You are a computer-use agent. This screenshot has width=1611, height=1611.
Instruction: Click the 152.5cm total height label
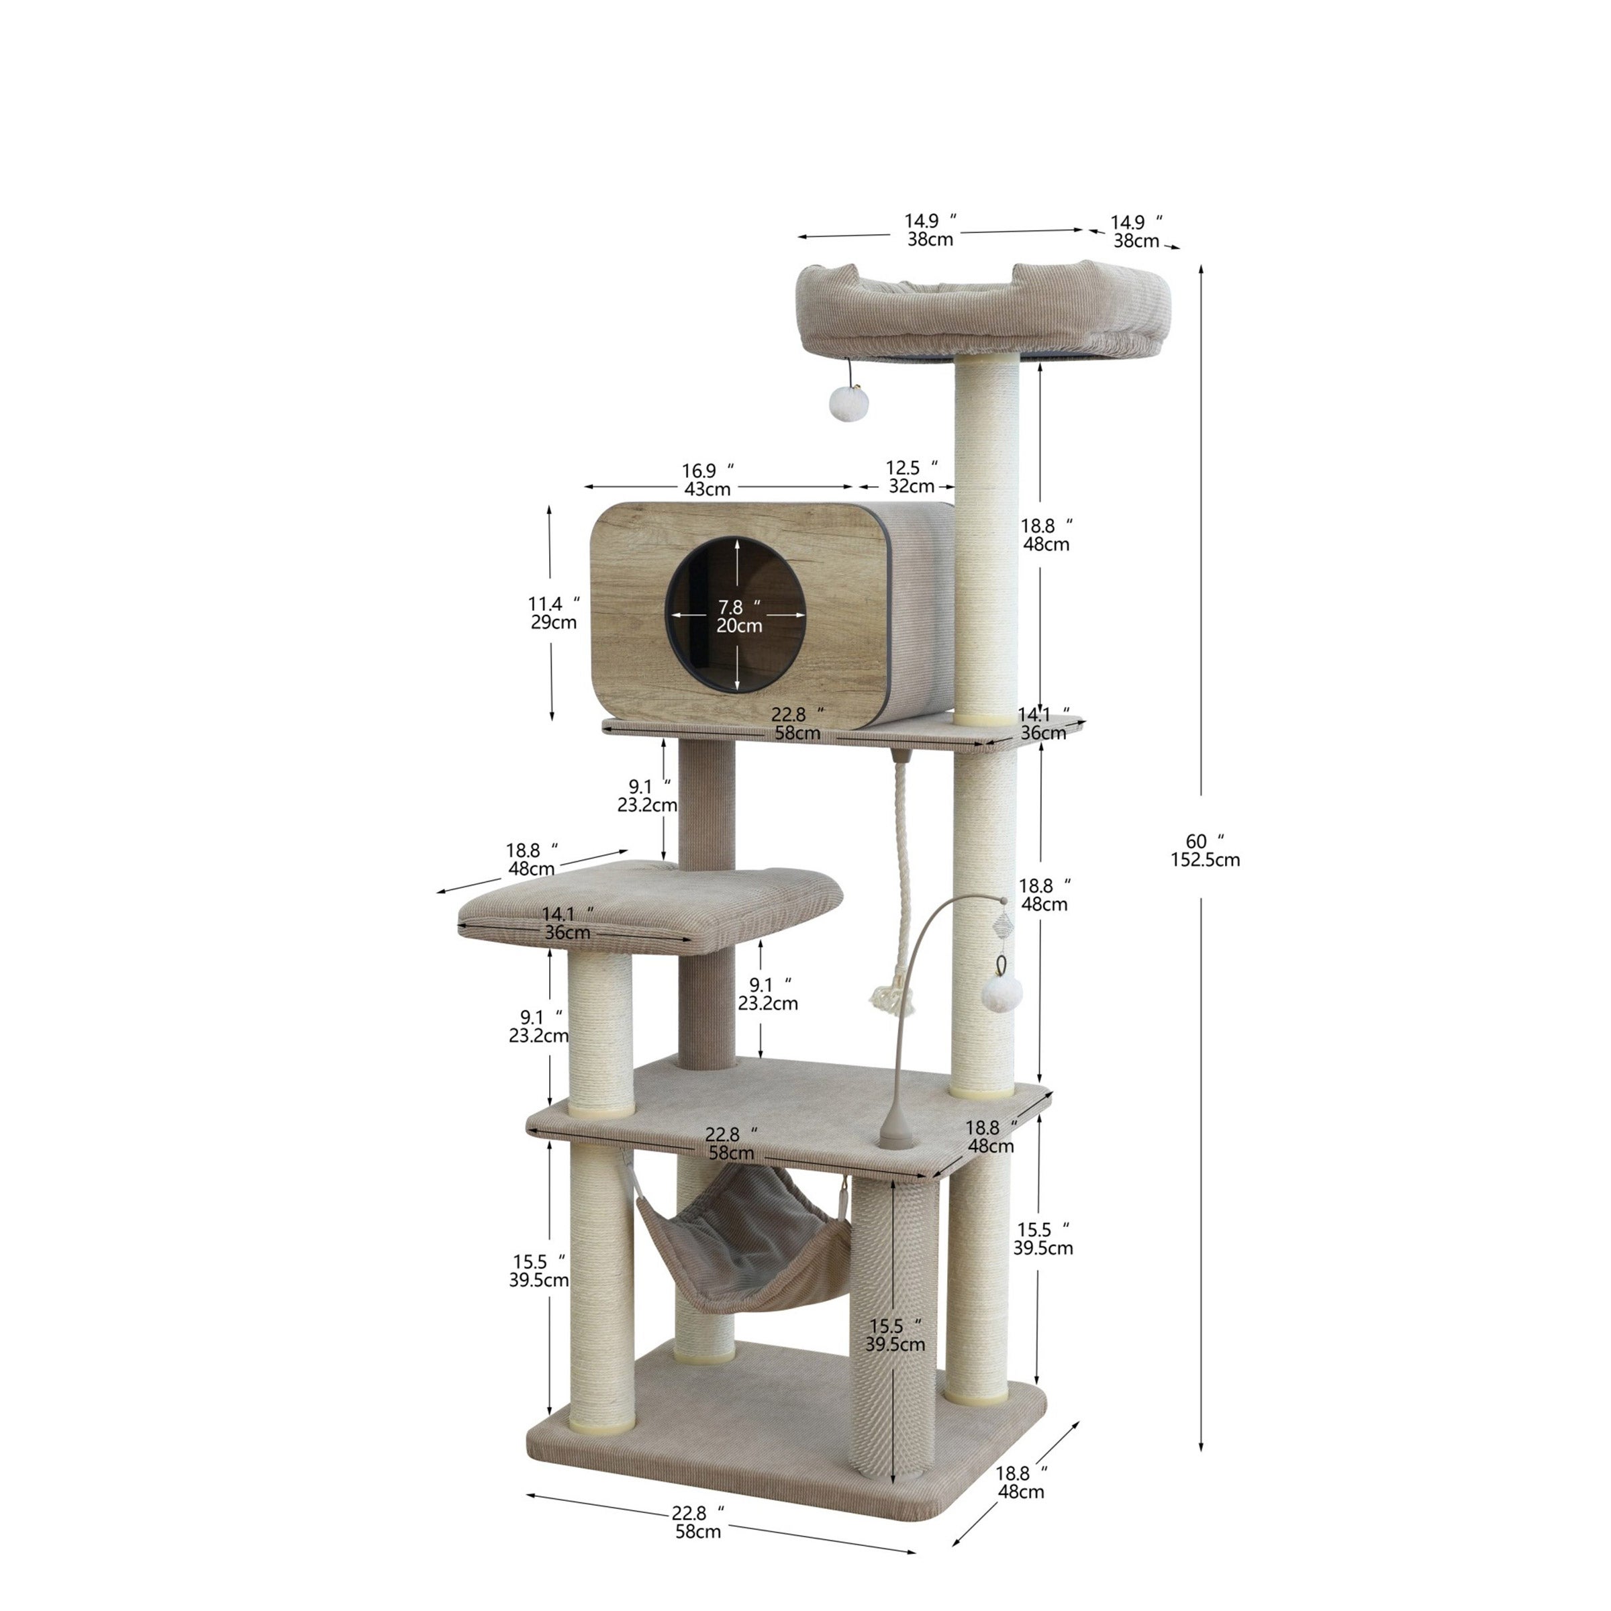(x=1205, y=860)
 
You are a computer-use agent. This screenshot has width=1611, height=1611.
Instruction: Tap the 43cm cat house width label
(x=707, y=489)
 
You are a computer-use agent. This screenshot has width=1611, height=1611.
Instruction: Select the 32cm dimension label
(x=911, y=485)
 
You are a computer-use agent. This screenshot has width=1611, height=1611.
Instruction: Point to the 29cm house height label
(x=553, y=622)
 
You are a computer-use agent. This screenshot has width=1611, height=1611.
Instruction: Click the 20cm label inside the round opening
(x=739, y=626)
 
